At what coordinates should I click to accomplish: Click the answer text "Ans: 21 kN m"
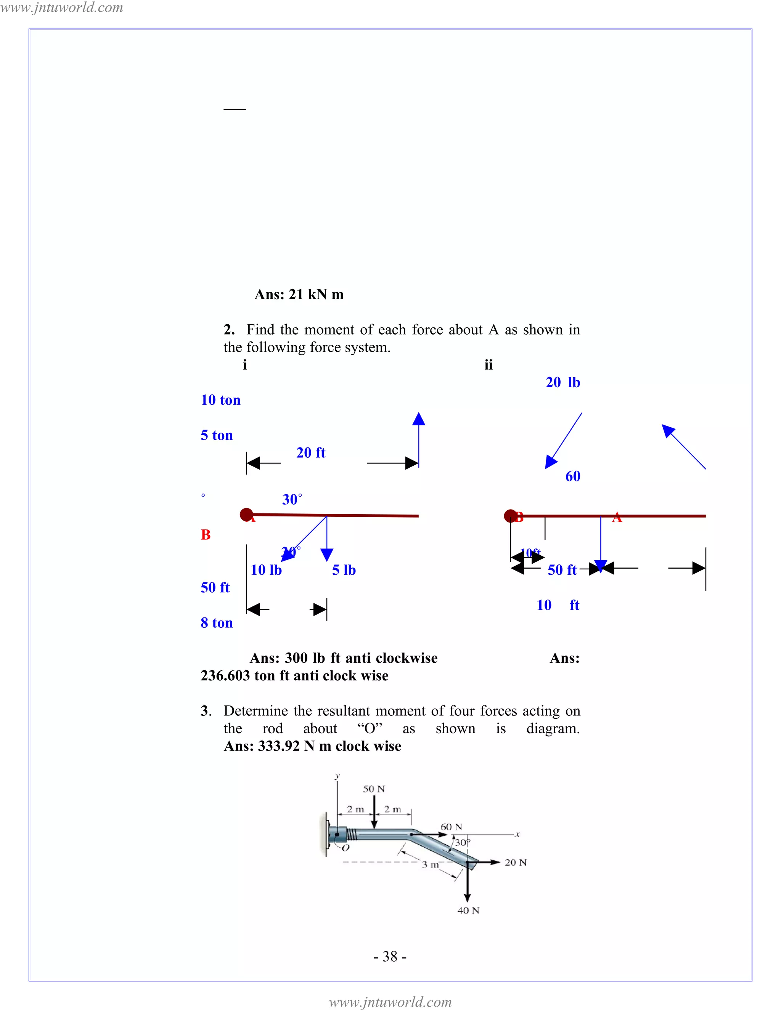tap(299, 295)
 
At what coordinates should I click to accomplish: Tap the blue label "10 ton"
tap(221, 400)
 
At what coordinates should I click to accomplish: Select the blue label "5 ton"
tap(217, 435)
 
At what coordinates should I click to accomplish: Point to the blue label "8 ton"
tap(217, 623)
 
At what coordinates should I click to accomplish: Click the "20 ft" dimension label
tap(310, 453)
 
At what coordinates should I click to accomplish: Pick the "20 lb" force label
tap(562, 382)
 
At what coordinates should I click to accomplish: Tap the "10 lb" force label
tap(266, 570)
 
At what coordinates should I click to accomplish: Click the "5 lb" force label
tap(344, 570)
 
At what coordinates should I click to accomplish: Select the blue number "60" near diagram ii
tap(573, 476)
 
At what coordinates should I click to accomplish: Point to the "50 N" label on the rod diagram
tap(374, 789)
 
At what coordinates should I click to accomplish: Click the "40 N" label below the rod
tap(468, 911)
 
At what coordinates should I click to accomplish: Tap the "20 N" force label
tap(516, 863)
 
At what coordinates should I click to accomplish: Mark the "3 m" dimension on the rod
tap(430, 864)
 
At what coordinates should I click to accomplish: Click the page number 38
tap(390, 956)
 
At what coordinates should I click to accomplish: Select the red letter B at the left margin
tap(206, 535)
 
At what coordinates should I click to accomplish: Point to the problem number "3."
tap(206, 711)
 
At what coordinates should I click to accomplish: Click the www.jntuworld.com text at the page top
tap(61, 7)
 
